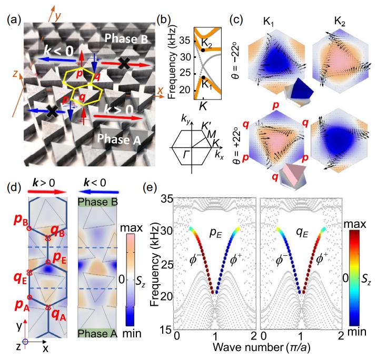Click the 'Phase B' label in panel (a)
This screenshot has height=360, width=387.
pyautogui.click(x=129, y=38)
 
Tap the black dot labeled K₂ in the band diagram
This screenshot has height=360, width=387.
pyautogui.click(x=203, y=50)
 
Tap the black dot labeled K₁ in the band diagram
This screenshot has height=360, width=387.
pyautogui.click(x=203, y=77)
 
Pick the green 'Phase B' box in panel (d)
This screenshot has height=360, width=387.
pyautogui.click(x=97, y=202)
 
